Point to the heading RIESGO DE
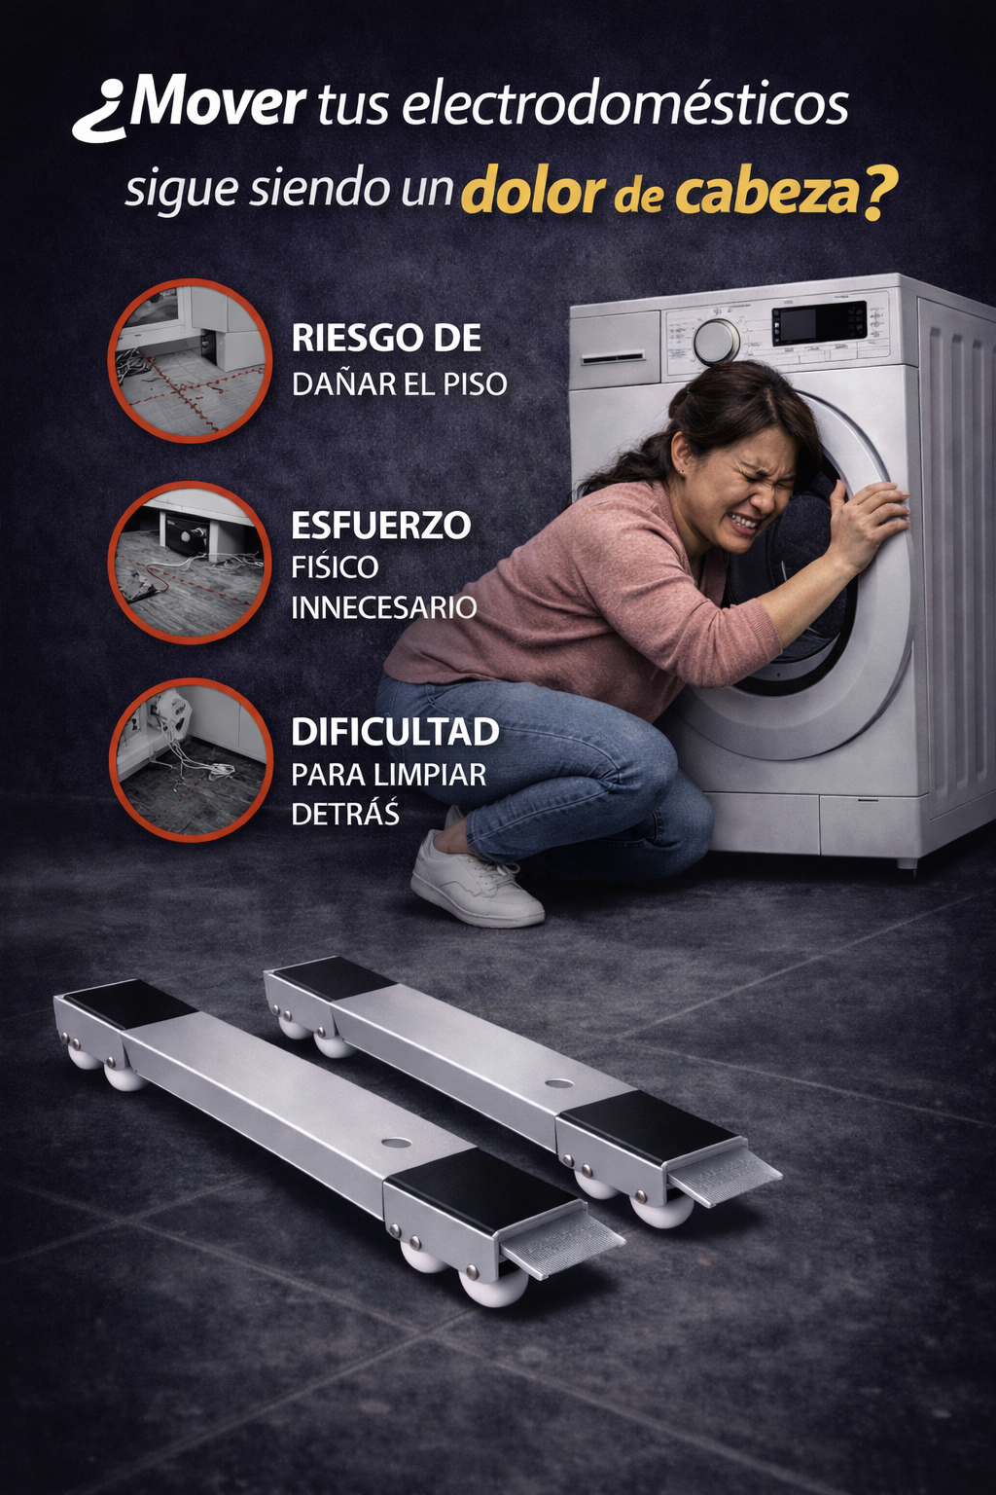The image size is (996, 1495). pyautogui.click(x=386, y=339)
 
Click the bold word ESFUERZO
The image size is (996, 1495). pyautogui.click(x=380, y=526)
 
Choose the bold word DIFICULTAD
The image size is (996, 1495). pyautogui.click(x=395, y=732)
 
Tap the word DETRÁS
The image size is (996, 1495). pyautogui.click(x=345, y=815)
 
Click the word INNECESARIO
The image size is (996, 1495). pyautogui.click(x=383, y=608)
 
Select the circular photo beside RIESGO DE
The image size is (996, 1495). pyautogui.click(x=190, y=361)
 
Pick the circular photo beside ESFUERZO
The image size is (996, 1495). pyautogui.click(x=190, y=563)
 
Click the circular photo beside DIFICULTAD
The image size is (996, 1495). pyautogui.click(x=190, y=759)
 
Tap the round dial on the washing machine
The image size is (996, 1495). pyautogui.click(x=716, y=341)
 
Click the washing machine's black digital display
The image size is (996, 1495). pyautogui.click(x=818, y=322)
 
